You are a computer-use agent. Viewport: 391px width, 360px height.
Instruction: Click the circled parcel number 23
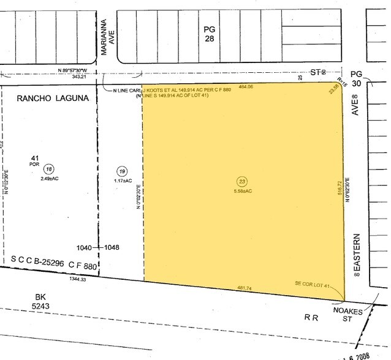click(241, 181)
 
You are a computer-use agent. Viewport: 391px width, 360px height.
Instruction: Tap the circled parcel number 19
click(122, 171)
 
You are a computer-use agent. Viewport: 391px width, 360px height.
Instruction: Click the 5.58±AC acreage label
click(241, 191)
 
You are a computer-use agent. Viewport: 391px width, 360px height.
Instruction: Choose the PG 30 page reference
click(375, 80)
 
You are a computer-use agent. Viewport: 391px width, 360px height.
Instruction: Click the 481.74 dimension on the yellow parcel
click(245, 288)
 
